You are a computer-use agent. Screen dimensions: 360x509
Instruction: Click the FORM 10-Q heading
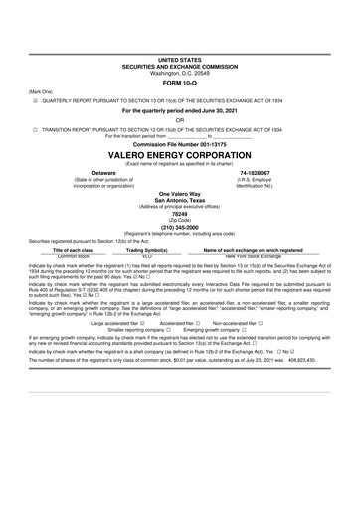click(179, 83)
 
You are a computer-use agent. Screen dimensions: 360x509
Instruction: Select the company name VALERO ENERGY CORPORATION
click(179, 156)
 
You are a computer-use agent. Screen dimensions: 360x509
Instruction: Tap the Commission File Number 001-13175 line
click(179, 144)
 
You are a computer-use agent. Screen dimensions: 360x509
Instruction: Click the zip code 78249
click(179, 214)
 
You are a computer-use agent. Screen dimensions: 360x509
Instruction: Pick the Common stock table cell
click(74, 255)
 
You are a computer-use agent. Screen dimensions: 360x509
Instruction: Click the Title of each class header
click(74, 249)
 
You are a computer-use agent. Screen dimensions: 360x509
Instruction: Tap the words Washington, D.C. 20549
click(179, 73)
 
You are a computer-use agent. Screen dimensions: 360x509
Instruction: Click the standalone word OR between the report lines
click(179, 119)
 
